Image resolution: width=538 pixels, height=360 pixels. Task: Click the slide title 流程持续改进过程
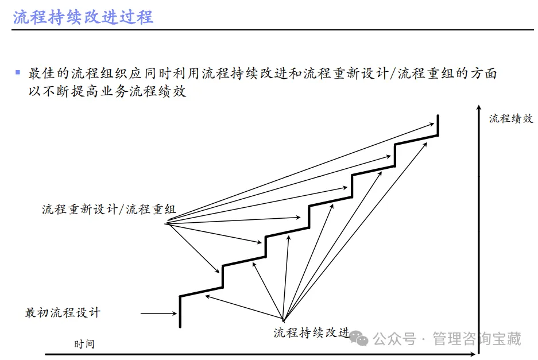(x=83, y=17)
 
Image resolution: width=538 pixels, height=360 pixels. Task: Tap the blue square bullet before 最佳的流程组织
(x=18, y=73)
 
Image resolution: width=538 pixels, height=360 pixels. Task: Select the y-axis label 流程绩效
(x=511, y=119)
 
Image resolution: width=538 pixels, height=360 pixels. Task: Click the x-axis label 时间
(x=84, y=344)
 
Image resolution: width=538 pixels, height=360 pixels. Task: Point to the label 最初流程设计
(x=63, y=313)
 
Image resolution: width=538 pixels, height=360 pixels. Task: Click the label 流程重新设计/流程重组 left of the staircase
(x=109, y=209)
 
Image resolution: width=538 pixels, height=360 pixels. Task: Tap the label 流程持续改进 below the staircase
(x=311, y=332)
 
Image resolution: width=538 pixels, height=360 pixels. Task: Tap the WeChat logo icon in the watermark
(x=362, y=339)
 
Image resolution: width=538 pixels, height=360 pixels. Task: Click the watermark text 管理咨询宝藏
(x=477, y=339)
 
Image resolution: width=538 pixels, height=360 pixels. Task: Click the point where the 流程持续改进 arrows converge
(x=283, y=319)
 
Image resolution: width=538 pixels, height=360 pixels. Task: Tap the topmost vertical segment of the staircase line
(x=438, y=125)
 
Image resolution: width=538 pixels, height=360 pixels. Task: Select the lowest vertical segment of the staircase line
(x=180, y=312)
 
